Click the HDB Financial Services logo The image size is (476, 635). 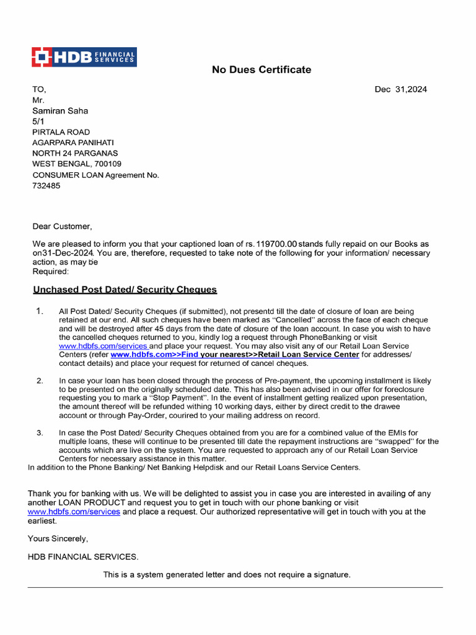coord(84,57)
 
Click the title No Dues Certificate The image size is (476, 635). coord(262,69)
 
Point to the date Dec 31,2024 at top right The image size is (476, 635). coord(400,89)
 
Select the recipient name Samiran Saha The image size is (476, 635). coord(60,110)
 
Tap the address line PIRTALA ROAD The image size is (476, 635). coord(61,132)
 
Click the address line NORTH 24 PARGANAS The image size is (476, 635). coord(75,153)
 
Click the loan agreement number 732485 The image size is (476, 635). coord(46,185)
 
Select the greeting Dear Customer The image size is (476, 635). coord(62,226)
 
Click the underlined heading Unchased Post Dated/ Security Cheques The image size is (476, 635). coord(125,290)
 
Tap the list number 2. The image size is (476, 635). coord(40,380)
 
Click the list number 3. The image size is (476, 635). coord(40,432)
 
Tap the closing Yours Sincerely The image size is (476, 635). coord(58,538)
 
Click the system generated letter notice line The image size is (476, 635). coord(227,575)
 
